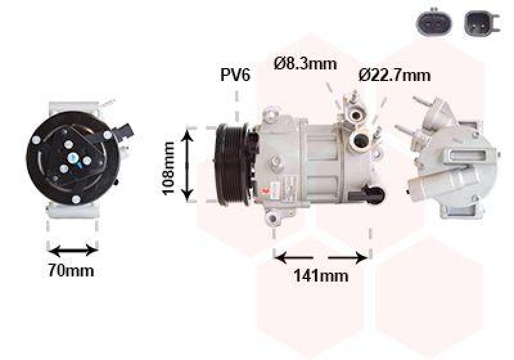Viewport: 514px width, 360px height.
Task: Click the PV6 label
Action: point(235,75)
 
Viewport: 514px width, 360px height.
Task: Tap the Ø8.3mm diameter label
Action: point(306,64)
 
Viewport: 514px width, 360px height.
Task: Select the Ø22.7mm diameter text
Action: point(394,75)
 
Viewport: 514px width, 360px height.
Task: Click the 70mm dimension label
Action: point(71,271)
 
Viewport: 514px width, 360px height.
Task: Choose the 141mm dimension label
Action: point(321,276)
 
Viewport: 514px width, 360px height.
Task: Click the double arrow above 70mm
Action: point(73,249)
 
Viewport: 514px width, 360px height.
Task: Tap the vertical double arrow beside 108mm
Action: point(188,165)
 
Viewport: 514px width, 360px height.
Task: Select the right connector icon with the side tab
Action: point(479,22)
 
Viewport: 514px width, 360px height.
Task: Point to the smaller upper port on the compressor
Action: point(355,115)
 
